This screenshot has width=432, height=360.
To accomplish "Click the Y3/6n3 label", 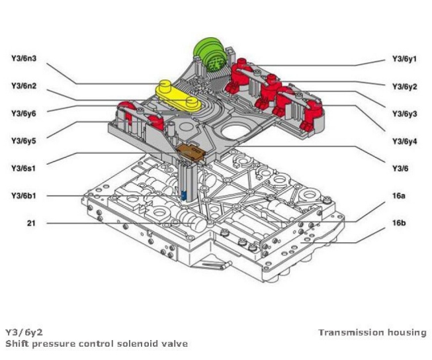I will point(23,58).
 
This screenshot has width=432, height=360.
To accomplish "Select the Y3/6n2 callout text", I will point(23,86).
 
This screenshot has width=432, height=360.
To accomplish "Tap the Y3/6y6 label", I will point(23,113).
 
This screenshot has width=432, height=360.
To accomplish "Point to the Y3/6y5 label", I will point(23,141).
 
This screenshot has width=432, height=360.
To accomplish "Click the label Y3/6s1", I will point(23,169).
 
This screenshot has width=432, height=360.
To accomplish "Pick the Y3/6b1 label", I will point(23,196).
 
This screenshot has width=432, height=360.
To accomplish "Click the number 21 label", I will point(31,224).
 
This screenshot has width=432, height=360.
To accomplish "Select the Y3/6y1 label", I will point(404,59).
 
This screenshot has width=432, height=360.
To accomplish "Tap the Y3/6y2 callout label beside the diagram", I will point(404,87).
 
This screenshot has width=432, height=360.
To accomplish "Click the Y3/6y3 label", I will point(404,114).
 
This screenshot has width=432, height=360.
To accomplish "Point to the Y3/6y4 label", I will point(404,142).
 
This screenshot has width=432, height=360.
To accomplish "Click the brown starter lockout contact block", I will point(193,153).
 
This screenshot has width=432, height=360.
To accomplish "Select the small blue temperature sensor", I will point(184,196).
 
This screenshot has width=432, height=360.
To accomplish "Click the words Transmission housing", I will point(372,332).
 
